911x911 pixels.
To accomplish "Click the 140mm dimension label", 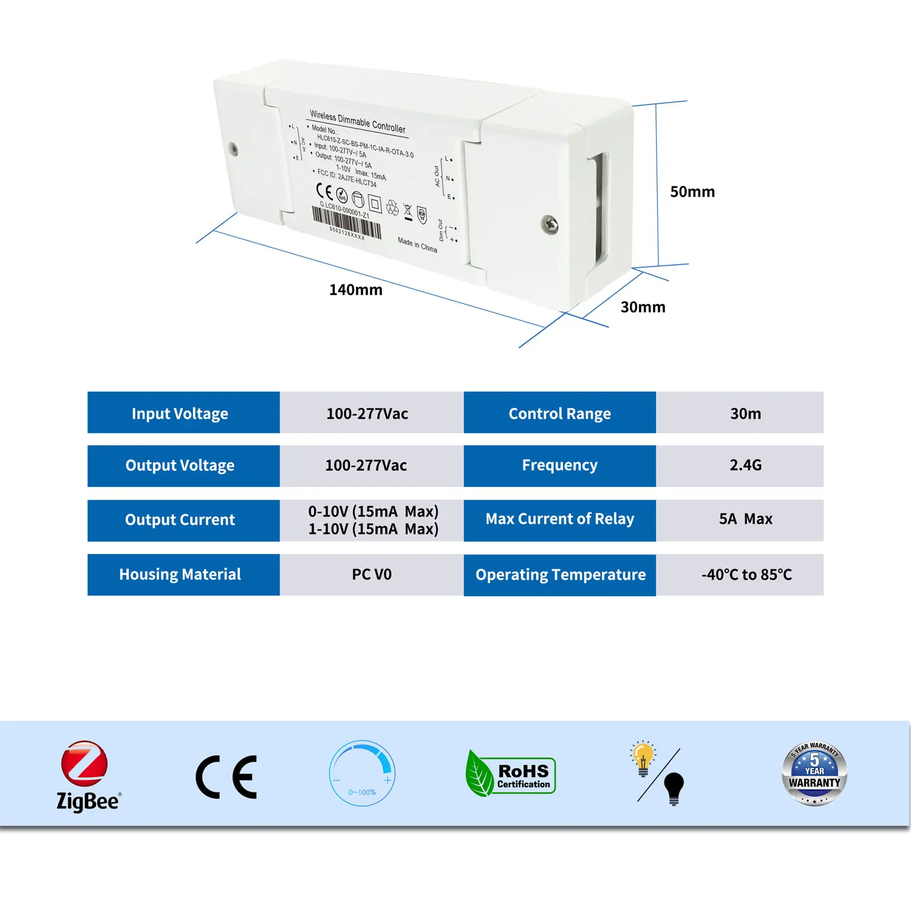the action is (356, 290).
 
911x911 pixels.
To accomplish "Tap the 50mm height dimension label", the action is (692, 192).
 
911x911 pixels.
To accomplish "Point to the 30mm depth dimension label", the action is (643, 307).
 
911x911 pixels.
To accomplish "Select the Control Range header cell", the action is (559, 413).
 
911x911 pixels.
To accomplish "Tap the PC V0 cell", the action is (371, 575).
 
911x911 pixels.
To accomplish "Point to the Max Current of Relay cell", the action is (559, 520).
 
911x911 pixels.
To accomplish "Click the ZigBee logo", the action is (87, 776).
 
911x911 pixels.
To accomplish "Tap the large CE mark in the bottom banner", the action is (227, 777).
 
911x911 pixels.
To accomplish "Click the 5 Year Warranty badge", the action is (814, 773).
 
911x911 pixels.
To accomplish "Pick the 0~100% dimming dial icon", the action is (363, 773).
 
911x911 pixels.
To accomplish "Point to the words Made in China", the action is (417, 245).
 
